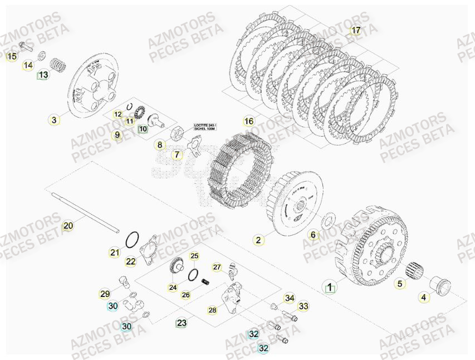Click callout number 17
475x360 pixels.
pyautogui.click(x=356, y=31)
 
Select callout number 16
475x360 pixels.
pyautogui.click(x=249, y=121)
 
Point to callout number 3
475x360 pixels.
pyautogui.click(x=54, y=119)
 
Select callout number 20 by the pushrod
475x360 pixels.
pyautogui.click(x=67, y=226)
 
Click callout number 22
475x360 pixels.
pyautogui.click(x=130, y=261)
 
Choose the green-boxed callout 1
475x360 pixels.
pyautogui.click(x=330, y=288)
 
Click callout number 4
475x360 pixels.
pyautogui.click(x=424, y=297)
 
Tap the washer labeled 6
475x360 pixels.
pyautogui.click(x=329, y=222)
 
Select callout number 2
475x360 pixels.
pyautogui.click(x=258, y=240)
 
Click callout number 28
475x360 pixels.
pyautogui.click(x=212, y=310)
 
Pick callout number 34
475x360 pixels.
pyautogui.click(x=290, y=298)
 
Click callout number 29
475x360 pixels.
pyautogui.click(x=105, y=294)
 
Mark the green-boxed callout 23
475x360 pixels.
pyautogui.click(x=182, y=323)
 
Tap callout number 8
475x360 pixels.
pyautogui.click(x=160, y=145)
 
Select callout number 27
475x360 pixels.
pyautogui.click(x=217, y=267)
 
